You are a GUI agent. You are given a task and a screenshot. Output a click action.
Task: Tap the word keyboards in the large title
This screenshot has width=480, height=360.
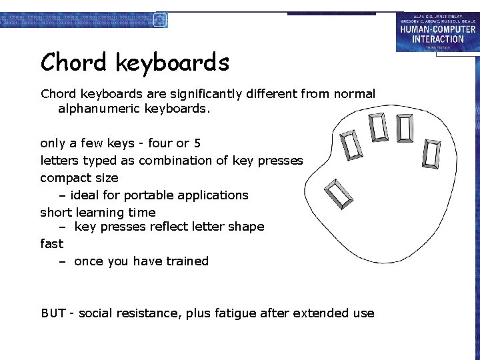click(173, 63)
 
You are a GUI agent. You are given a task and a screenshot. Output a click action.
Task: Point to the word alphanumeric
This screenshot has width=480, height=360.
click(99, 108)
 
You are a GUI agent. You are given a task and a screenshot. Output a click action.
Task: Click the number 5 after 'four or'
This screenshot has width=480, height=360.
click(197, 143)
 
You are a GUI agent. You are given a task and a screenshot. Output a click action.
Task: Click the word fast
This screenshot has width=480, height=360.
click(52, 243)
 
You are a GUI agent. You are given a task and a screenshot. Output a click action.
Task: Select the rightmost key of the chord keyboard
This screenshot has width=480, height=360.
click(432, 155)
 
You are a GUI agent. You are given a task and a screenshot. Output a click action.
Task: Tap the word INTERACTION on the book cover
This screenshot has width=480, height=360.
click(437, 39)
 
